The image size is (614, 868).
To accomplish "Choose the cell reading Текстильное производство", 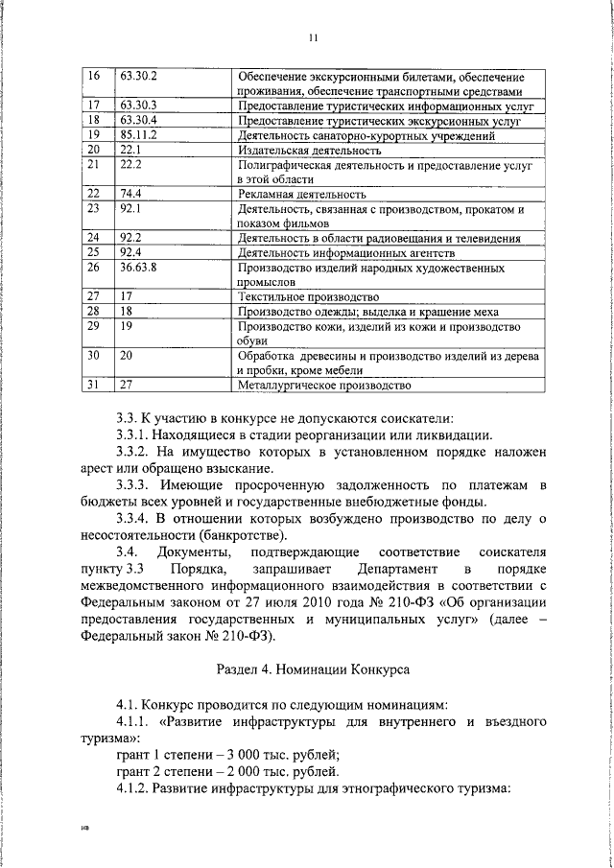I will click(294, 297).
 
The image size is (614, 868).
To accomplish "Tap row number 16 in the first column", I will click(93, 75).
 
